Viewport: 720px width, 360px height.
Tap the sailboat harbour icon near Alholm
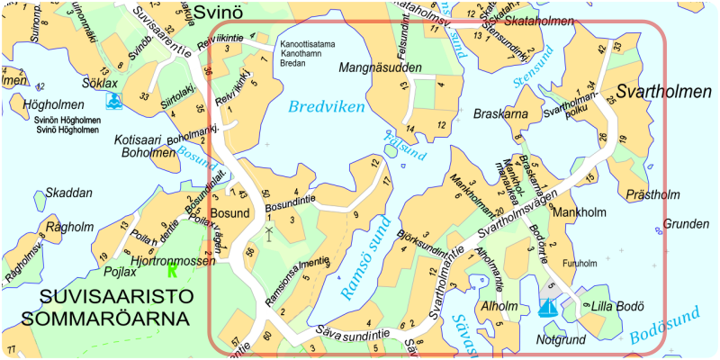coord(546,307)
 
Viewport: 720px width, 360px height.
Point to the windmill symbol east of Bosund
coord(268,232)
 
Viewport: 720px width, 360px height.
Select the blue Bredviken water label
coord(327,107)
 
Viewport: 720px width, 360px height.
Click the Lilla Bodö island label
coord(617,306)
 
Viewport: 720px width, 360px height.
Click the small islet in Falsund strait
coord(391,152)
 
